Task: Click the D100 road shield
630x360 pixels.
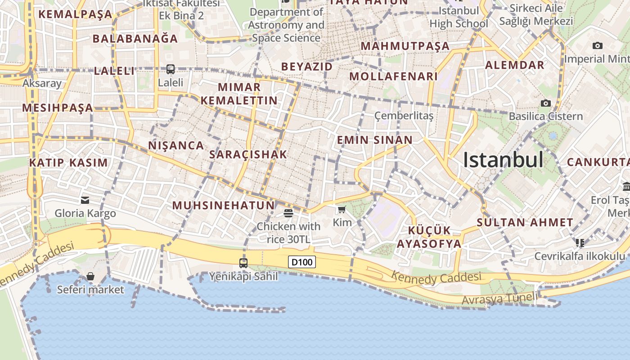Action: [302, 262]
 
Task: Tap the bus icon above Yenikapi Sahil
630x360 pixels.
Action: [243, 263]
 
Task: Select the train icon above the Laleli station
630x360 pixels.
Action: [171, 69]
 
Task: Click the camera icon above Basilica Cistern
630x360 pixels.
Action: [546, 103]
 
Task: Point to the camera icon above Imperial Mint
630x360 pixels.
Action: [598, 45]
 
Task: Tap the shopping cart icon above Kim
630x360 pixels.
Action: [342, 209]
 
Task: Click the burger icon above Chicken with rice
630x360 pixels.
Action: [288, 213]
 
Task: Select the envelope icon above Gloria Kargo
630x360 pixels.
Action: [85, 200]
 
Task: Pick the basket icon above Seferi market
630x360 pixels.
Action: [90, 276]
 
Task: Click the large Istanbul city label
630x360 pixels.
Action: [503, 160]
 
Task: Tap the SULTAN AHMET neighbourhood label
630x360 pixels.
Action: [525, 222]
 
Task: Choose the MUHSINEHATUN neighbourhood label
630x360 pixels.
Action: [224, 206]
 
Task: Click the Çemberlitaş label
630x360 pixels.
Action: [404, 116]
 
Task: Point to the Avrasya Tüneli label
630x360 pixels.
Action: [499, 298]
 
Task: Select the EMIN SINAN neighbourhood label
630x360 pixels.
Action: [375, 140]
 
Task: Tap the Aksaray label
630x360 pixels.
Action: [42, 83]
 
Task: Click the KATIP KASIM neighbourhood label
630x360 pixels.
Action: [68, 162]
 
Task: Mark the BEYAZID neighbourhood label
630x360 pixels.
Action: [307, 67]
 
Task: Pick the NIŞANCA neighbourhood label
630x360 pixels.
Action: [176, 145]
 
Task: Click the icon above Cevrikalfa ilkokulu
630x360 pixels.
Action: [580, 243]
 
